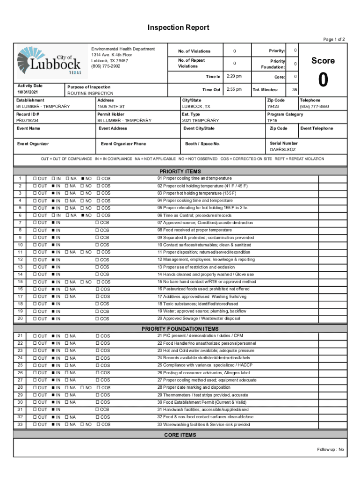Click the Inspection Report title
click(x=178, y=28)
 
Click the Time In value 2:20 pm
click(x=234, y=76)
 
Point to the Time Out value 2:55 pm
click(x=234, y=89)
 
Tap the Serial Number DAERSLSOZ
click(x=283, y=150)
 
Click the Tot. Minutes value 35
click(x=295, y=89)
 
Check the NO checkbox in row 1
click(x=82, y=179)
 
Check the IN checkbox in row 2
click(x=53, y=186)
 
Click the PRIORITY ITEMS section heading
click(x=180, y=171)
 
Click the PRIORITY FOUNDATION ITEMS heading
click(x=180, y=329)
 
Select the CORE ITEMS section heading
click(x=180, y=435)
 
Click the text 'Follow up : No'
click(x=330, y=450)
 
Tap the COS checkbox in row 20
click(x=97, y=319)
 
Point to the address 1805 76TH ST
click(x=111, y=107)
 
